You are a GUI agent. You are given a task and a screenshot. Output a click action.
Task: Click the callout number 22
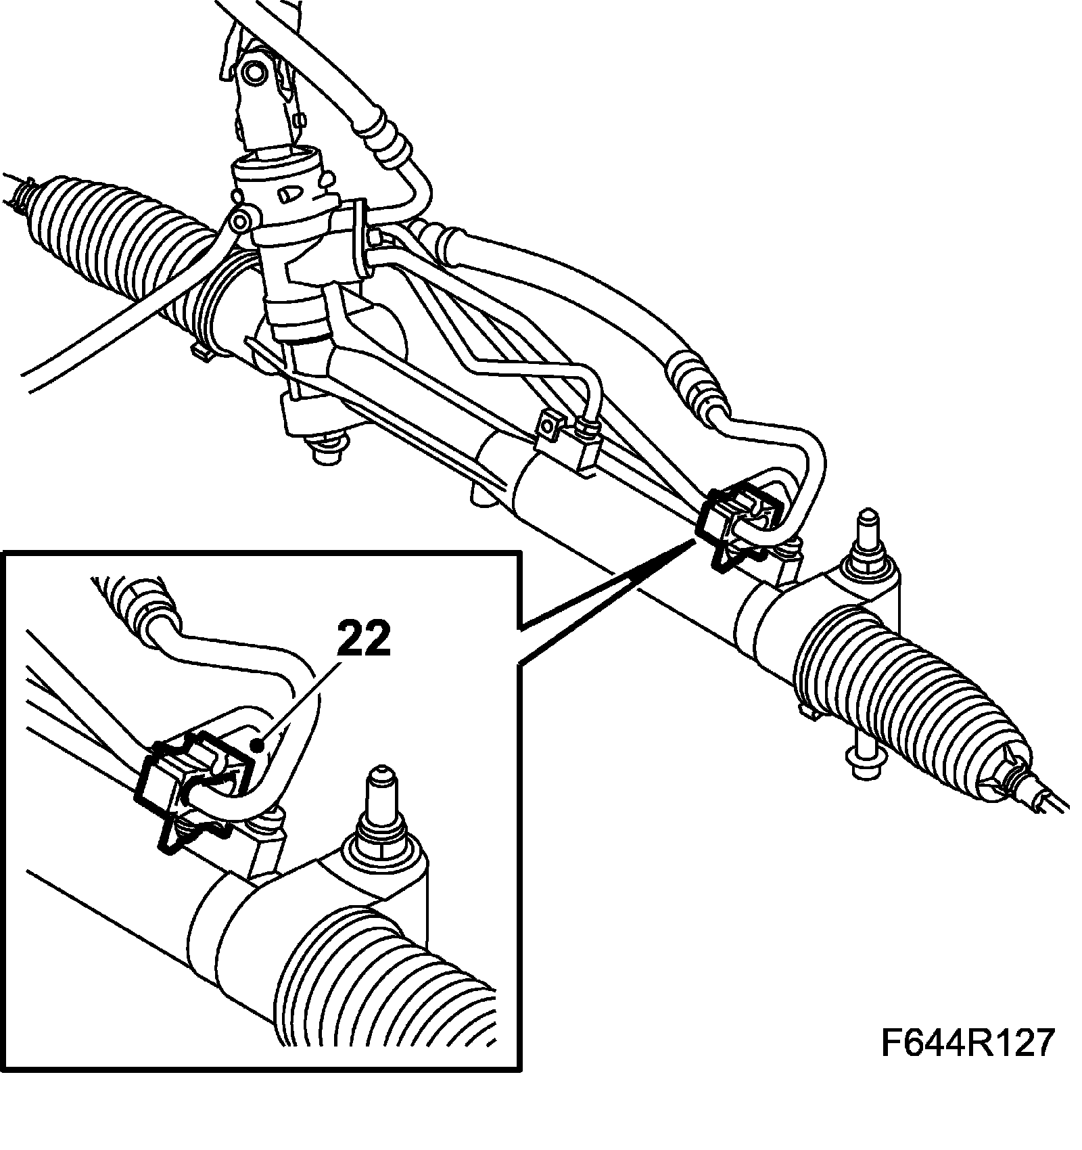point(363,639)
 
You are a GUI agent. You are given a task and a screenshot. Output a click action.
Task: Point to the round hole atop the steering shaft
point(256,72)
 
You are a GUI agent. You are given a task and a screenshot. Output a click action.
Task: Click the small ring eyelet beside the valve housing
point(237,221)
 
